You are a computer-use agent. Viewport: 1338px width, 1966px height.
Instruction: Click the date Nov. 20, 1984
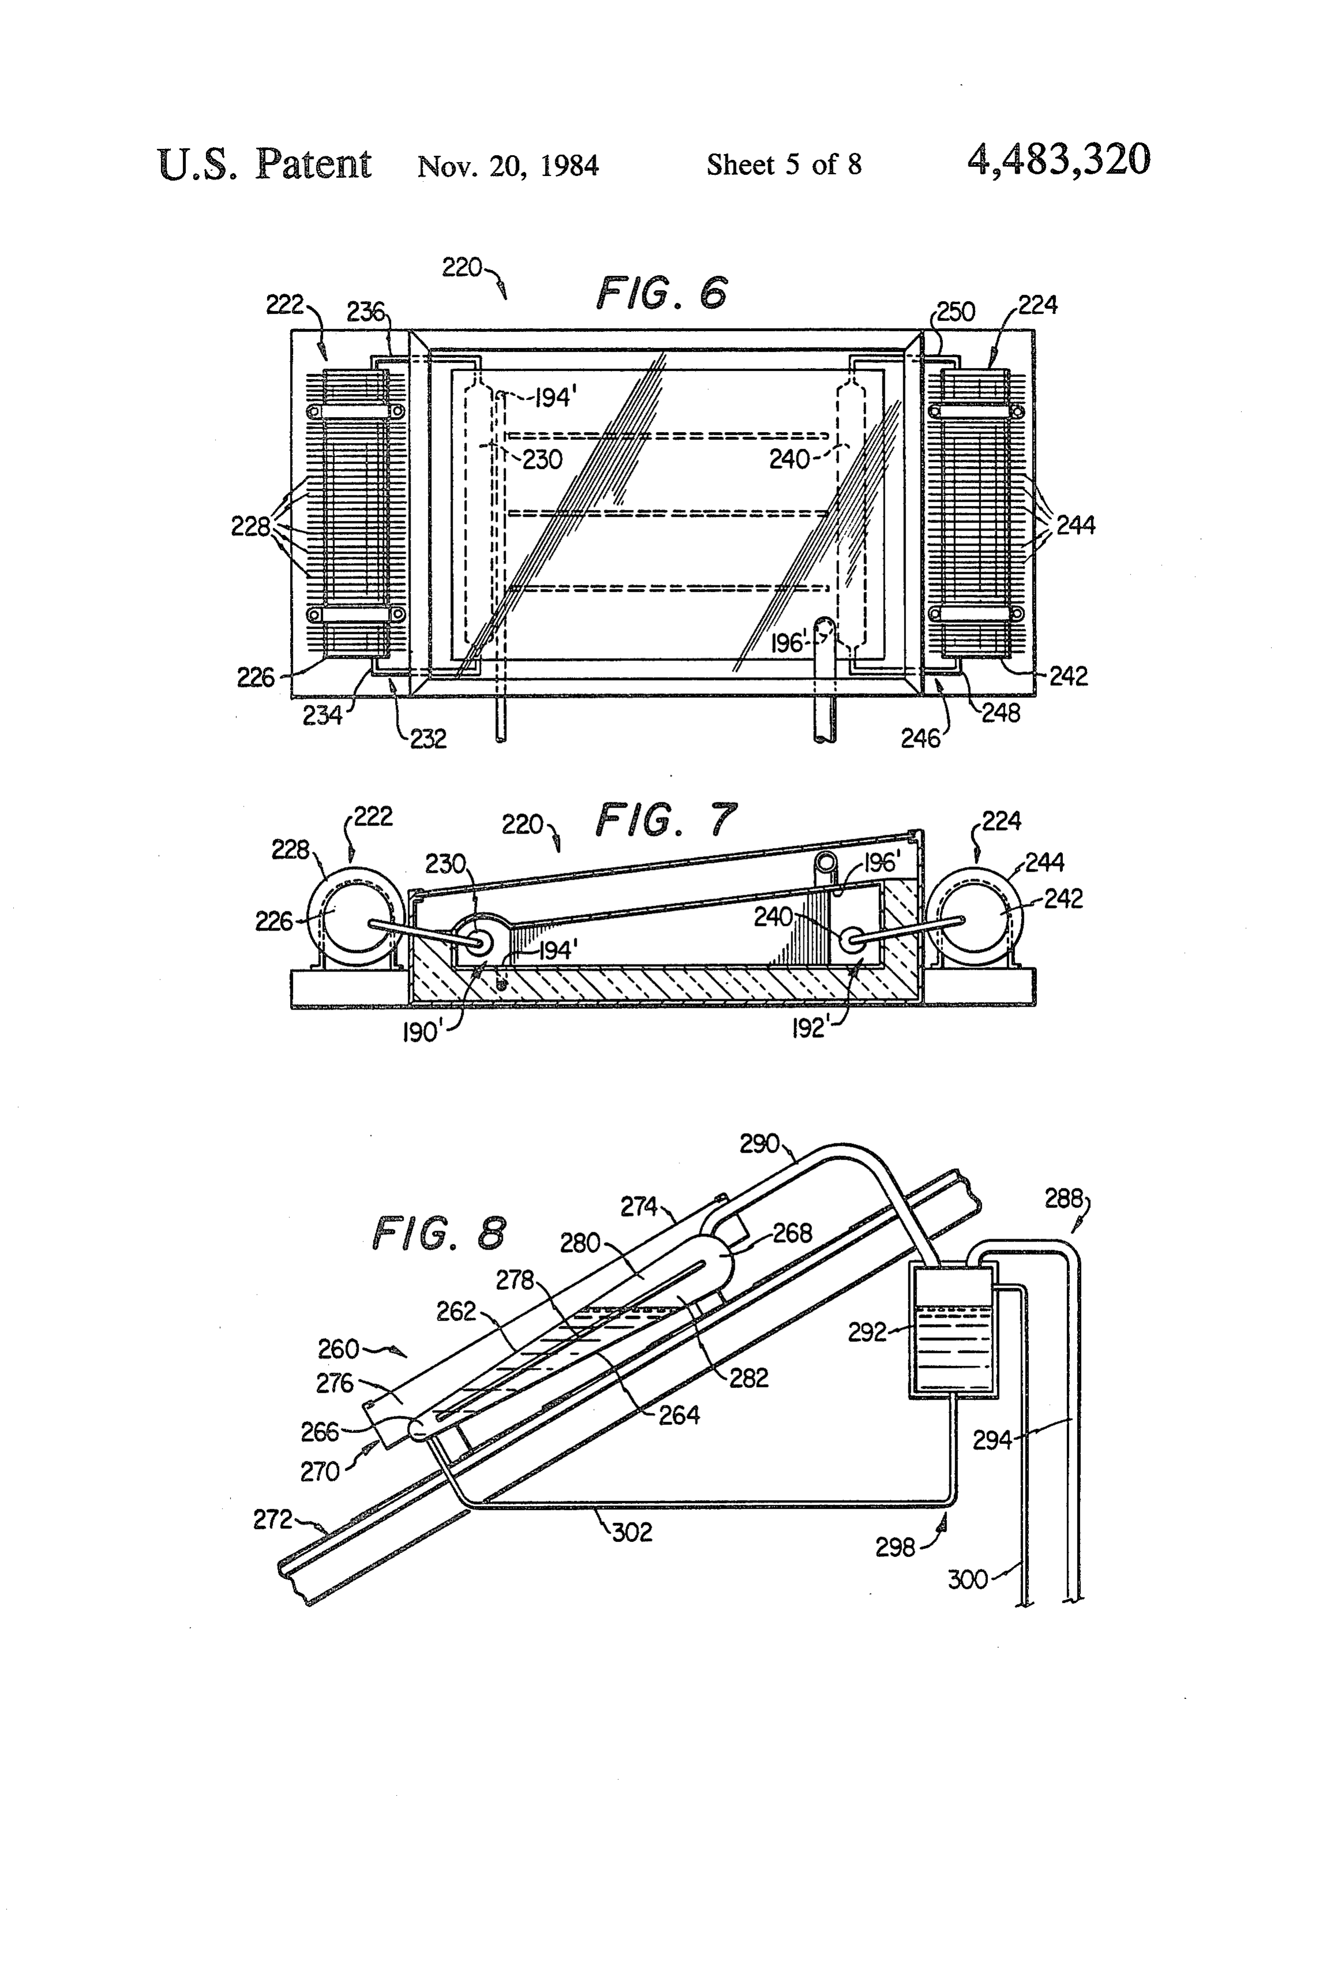click(x=508, y=165)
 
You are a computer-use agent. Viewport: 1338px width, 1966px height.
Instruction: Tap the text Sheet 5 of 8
click(x=784, y=164)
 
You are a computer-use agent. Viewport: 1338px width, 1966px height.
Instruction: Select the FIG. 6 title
click(x=662, y=292)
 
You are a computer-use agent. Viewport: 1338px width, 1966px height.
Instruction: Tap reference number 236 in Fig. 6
click(x=366, y=312)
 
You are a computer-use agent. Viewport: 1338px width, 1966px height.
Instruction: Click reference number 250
click(x=956, y=312)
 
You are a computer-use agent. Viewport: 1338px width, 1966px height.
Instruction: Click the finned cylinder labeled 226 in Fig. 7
click(x=355, y=920)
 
